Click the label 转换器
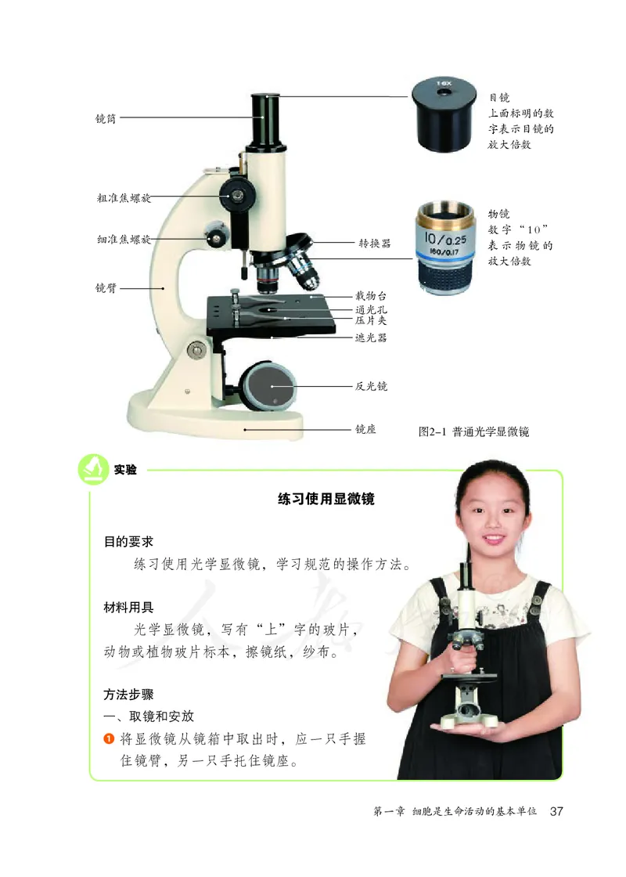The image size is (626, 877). point(374,244)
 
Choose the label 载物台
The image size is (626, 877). point(371,297)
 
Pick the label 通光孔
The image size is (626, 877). point(371,310)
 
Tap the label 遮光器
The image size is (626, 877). point(371,338)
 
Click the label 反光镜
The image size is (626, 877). point(371,386)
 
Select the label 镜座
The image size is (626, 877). point(365,429)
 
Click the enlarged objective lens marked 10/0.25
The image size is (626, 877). point(444,248)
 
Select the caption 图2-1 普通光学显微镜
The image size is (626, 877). point(474,431)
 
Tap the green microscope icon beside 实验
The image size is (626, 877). point(94,469)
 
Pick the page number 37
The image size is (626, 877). point(556,810)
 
